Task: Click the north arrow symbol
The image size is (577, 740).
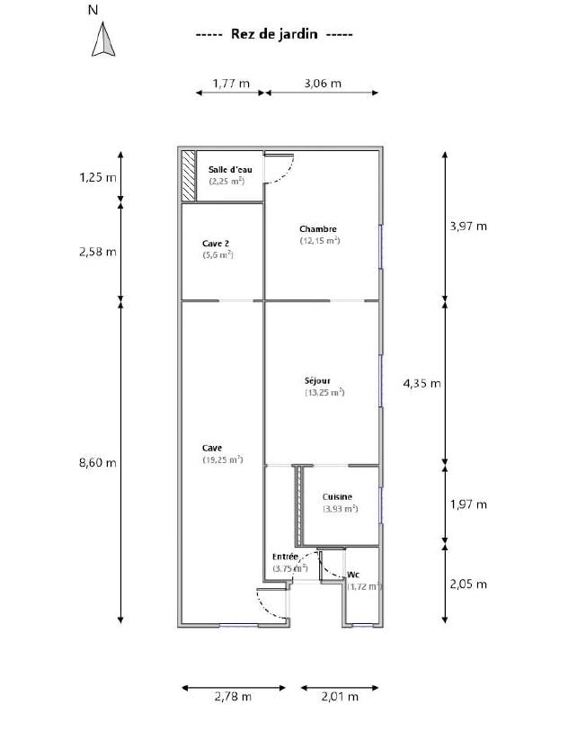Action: pyautogui.click(x=103, y=40)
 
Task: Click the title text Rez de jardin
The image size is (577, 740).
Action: pyautogui.click(x=274, y=34)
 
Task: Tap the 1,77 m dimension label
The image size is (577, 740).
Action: pyautogui.click(x=231, y=84)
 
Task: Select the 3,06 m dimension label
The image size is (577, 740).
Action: pyautogui.click(x=323, y=84)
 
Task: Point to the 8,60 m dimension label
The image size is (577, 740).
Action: pyautogui.click(x=98, y=462)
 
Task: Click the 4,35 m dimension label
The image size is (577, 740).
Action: pyautogui.click(x=422, y=383)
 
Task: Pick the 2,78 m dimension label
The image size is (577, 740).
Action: pyautogui.click(x=233, y=696)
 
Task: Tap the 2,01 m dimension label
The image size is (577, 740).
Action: pyautogui.click(x=340, y=696)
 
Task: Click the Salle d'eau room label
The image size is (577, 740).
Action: pyautogui.click(x=230, y=169)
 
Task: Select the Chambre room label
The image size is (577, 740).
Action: pyautogui.click(x=318, y=229)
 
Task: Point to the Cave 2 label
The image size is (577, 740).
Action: pyautogui.click(x=216, y=244)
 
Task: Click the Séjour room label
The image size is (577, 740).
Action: pyautogui.click(x=317, y=380)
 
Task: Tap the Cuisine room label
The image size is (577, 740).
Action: pyautogui.click(x=337, y=496)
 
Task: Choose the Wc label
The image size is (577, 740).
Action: pyautogui.click(x=353, y=575)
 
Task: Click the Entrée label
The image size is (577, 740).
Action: pyautogui.click(x=286, y=557)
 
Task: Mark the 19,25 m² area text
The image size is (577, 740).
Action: pyautogui.click(x=223, y=459)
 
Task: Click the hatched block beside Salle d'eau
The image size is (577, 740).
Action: pyautogui.click(x=188, y=176)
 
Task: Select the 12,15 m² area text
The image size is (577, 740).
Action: pyautogui.click(x=320, y=241)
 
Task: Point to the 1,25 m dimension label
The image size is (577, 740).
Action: pyautogui.click(x=98, y=178)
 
